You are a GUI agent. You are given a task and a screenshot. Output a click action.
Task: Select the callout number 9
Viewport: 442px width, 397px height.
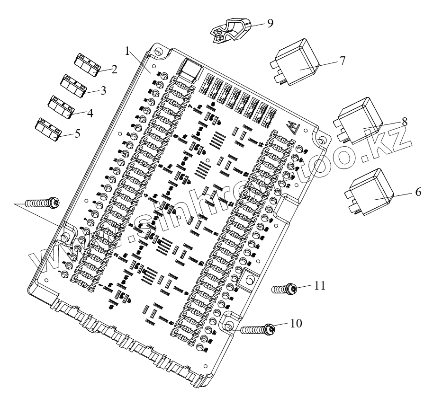pyautogui.click(x=270, y=23)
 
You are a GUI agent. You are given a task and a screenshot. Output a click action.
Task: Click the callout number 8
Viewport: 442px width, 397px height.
pyautogui.click(x=404, y=122)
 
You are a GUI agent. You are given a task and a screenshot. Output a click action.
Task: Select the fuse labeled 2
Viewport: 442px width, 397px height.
pyautogui.click(x=86, y=64)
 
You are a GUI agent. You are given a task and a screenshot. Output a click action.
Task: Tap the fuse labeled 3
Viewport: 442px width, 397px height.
pyautogui.click(x=73, y=84)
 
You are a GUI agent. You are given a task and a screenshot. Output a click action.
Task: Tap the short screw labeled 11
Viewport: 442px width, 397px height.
pyautogui.click(x=284, y=289)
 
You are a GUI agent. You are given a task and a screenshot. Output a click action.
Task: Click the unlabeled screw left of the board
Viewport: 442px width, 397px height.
pyautogui.click(x=42, y=203)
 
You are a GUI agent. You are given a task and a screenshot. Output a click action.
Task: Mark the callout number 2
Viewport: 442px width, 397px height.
pyautogui.click(x=114, y=70)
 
